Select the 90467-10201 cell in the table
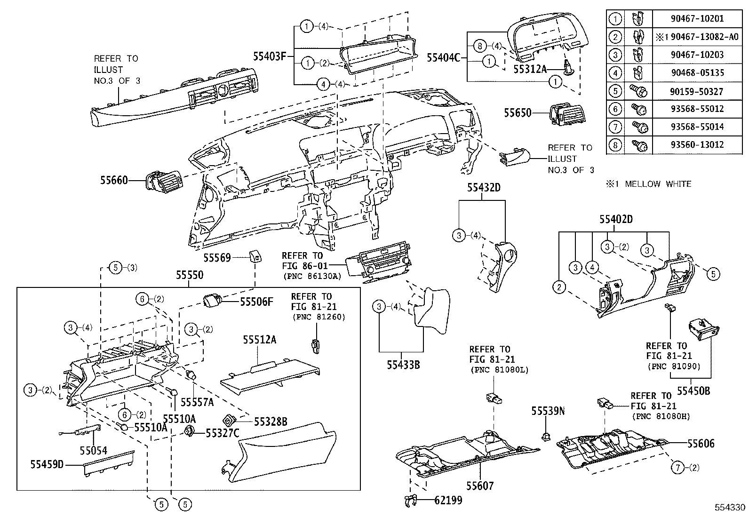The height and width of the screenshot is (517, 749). [x=697, y=19]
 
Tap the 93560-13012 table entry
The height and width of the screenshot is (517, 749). [x=697, y=144]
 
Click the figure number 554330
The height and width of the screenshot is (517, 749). [x=730, y=508]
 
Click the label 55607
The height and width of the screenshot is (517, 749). [x=480, y=485]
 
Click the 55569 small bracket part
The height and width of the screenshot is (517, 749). [x=255, y=256]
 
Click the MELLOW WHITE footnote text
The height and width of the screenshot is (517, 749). [x=649, y=184]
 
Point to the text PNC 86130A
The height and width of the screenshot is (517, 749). [x=311, y=277]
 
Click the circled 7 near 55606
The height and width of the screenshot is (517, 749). [x=677, y=467]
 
